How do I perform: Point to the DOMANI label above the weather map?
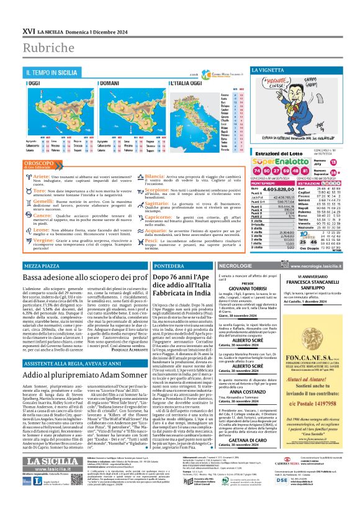111,82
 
